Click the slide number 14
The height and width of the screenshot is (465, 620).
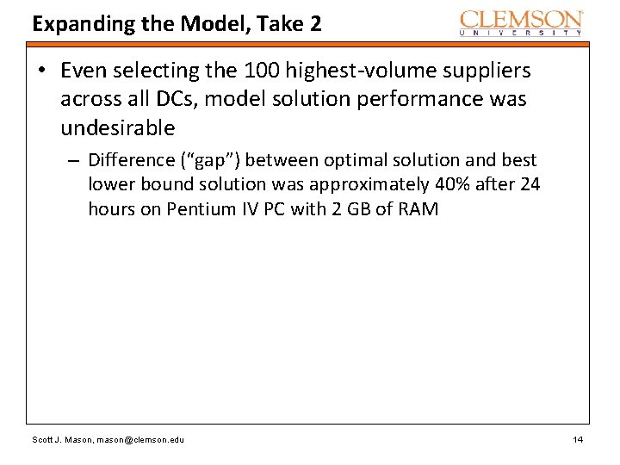pos(578,440)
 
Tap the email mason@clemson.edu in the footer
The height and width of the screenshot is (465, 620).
pos(139,440)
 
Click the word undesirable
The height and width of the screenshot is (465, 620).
pos(117,128)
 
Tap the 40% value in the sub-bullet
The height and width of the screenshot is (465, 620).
pos(456,184)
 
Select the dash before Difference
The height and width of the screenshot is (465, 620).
pos(76,160)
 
